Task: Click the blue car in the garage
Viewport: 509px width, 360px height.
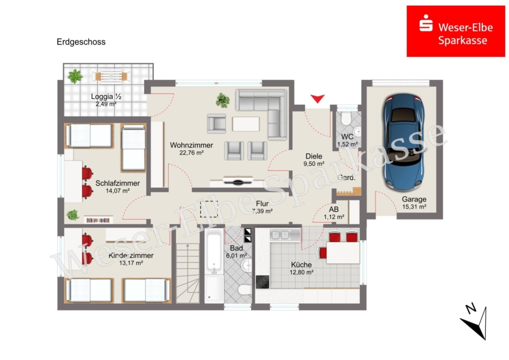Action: point(404,142)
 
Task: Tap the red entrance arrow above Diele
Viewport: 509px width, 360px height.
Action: point(317,98)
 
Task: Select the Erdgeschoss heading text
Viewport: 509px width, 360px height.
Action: point(81,42)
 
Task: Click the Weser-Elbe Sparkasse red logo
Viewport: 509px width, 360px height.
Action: point(456,31)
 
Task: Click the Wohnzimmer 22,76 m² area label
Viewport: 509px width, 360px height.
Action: point(192,148)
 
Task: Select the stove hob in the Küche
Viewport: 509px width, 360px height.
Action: point(262,282)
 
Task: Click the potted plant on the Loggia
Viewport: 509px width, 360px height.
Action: point(75,76)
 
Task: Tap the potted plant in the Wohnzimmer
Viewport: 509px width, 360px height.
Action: point(223,100)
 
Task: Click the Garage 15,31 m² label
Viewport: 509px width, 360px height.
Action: point(414,203)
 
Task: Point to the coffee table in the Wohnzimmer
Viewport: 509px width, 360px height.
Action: point(246,124)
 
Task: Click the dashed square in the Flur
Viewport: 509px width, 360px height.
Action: point(209,209)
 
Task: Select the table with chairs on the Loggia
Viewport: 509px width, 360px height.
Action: point(111,76)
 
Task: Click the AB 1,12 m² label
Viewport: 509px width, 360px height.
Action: point(334,213)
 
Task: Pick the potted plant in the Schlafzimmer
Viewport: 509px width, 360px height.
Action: point(73,215)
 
